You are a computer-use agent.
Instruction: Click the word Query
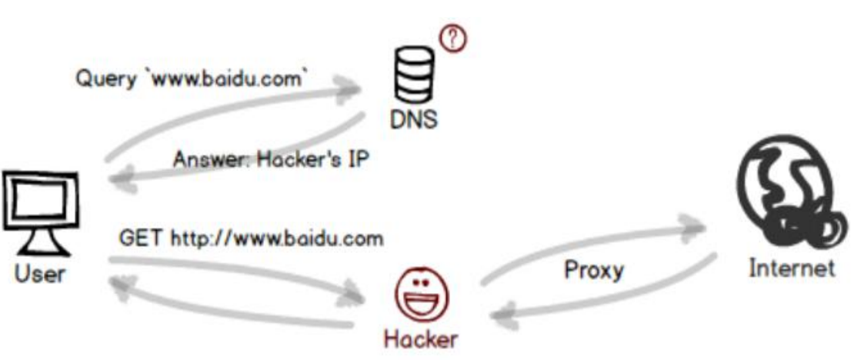[104, 79]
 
